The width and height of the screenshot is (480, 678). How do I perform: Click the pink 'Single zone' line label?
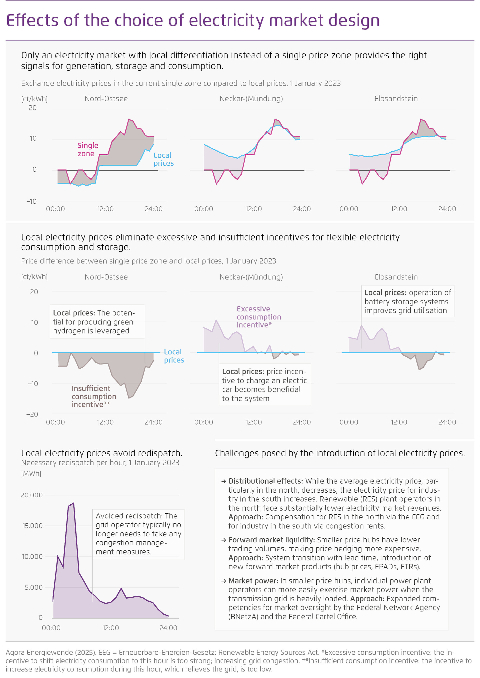87,149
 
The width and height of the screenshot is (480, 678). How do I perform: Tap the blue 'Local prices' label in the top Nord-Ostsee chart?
163,159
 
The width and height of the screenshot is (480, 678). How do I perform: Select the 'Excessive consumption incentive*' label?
258,317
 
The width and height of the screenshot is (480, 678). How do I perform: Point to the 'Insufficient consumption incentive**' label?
94,396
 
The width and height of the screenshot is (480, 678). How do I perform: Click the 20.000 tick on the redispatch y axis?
32,495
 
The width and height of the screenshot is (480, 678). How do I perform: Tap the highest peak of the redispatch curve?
73,503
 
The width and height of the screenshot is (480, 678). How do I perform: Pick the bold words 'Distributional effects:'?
266,481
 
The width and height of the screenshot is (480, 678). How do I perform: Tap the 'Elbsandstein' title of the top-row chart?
396,99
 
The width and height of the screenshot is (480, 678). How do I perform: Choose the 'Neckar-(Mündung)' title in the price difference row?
251,277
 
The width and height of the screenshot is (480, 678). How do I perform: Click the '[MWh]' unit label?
31,474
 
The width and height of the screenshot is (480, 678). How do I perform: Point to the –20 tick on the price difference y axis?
32,414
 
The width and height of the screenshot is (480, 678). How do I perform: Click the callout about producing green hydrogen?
94,322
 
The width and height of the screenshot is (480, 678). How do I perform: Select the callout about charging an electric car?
264,385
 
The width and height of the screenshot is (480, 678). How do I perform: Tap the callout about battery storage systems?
407,301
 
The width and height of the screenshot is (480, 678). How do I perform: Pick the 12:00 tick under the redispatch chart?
110,628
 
